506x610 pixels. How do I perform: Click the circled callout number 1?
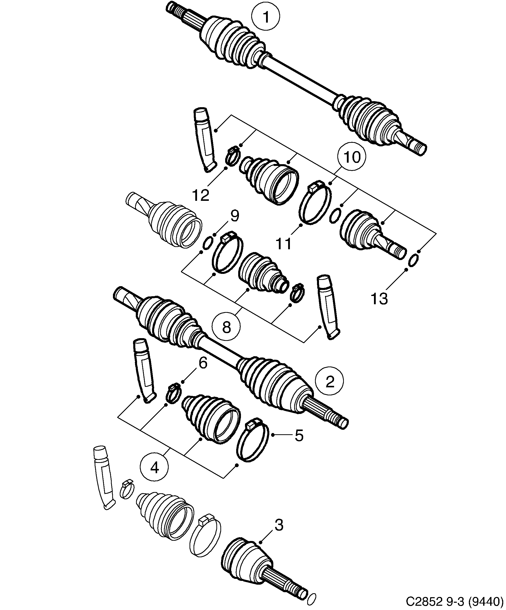tap(266, 17)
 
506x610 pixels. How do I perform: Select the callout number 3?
tap(279, 525)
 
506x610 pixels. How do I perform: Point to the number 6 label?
tap(203, 363)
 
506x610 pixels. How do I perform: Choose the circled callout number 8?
tap(226, 327)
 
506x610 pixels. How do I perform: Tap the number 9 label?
tap(235, 216)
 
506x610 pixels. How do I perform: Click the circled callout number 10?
tap(351, 157)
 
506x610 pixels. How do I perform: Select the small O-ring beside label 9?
tap(207, 242)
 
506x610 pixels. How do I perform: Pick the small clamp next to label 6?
tap(173, 394)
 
